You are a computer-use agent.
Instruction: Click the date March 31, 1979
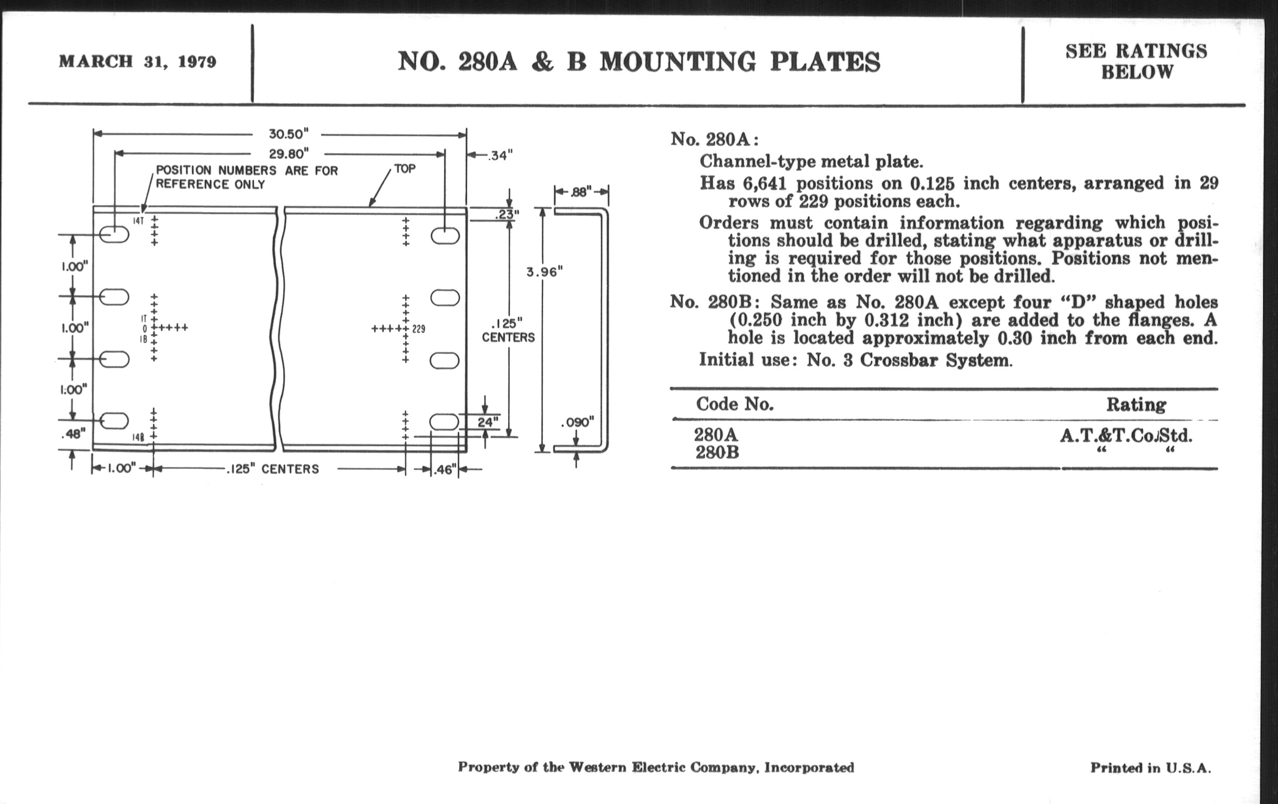pyautogui.click(x=138, y=61)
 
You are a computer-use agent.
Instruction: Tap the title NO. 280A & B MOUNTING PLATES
pyautogui.click(x=639, y=61)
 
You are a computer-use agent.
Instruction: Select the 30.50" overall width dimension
pyautogui.click(x=287, y=133)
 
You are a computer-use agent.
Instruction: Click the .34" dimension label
pyautogui.click(x=499, y=156)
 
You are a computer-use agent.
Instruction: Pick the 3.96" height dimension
pyautogui.click(x=544, y=272)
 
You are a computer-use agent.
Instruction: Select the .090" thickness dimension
pyautogui.click(x=578, y=422)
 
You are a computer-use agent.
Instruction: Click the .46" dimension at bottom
pyautogui.click(x=445, y=470)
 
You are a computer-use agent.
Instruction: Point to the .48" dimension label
pyautogui.click(x=73, y=434)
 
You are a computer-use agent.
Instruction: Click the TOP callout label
pyautogui.click(x=405, y=169)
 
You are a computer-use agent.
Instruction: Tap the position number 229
pyautogui.click(x=419, y=329)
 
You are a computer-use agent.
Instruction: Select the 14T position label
pyautogui.click(x=138, y=221)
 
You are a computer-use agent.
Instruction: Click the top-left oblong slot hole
pyautogui.click(x=114, y=234)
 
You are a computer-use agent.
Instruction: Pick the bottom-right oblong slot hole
pyautogui.click(x=444, y=422)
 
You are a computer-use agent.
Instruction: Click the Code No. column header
pyautogui.click(x=735, y=405)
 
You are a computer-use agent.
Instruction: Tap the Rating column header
pyautogui.click(x=1136, y=405)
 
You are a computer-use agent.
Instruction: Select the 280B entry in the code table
pyautogui.click(x=716, y=452)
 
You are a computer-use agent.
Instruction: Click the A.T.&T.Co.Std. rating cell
pyautogui.click(x=1126, y=436)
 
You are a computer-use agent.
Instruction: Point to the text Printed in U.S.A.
pyautogui.click(x=1151, y=767)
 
